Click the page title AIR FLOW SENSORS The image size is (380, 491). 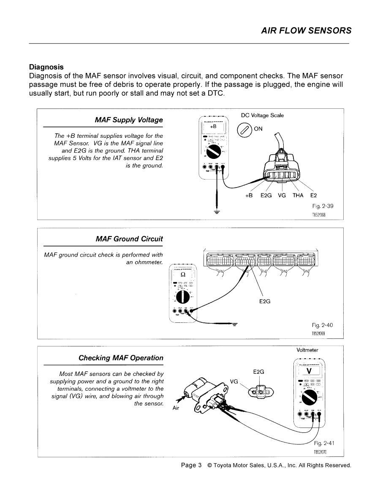point(306,30)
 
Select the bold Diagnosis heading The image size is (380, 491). point(46,67)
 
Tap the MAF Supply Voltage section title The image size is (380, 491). point(129,120)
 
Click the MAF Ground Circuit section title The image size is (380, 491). point(129,239)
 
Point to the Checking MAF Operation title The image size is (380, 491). point(121,358)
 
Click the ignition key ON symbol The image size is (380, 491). point(244,129)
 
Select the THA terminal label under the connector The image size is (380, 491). point(298,196)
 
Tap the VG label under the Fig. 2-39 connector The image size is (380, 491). point(282,196)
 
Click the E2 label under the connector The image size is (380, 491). point(313,196)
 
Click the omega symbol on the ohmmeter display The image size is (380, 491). point(183,275)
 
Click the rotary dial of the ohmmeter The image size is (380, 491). point(182,297)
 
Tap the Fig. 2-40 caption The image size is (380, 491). point(323,325)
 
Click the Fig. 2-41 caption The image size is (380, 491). point(324,443)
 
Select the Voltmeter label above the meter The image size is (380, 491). point(307,350)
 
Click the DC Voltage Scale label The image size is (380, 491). point(262,115)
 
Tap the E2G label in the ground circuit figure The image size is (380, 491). point(265,301)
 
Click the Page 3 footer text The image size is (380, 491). point(191,465)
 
